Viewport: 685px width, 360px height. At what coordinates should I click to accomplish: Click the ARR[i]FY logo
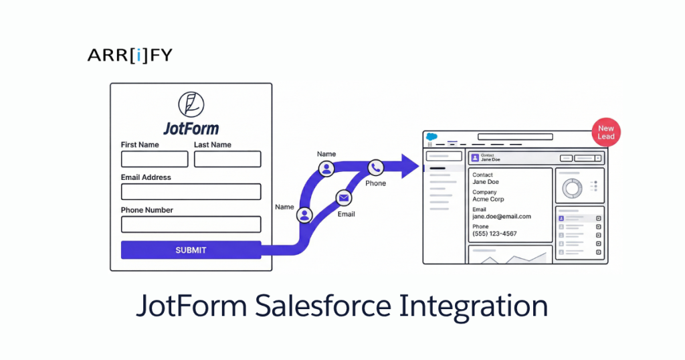pos(130,56)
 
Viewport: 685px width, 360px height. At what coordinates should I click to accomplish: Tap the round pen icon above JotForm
pos(191,105)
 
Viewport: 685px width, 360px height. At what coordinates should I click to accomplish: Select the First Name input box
pos(155,159)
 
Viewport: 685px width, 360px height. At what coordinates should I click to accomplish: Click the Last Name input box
pos(227,159)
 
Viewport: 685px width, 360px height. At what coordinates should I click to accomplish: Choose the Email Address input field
pos(191,192)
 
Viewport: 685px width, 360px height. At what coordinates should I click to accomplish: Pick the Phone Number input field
pos(191,224)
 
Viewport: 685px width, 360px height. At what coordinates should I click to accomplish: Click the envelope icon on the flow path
pos(343,197)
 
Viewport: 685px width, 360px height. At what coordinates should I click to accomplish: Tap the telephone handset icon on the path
pos(375,167)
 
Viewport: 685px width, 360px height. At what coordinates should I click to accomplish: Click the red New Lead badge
pos(605,132)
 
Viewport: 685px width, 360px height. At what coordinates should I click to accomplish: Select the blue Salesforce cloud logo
pos(431,137)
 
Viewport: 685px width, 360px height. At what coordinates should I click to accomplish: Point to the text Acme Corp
pos(488,199)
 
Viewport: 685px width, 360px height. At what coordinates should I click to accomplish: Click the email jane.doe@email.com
pos(502,217)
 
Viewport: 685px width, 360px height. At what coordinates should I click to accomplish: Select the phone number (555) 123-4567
pos(494,234)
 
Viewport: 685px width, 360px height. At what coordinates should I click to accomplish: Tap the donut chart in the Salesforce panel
pos(571,188)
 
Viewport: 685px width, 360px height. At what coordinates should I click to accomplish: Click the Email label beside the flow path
pos(346,214)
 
